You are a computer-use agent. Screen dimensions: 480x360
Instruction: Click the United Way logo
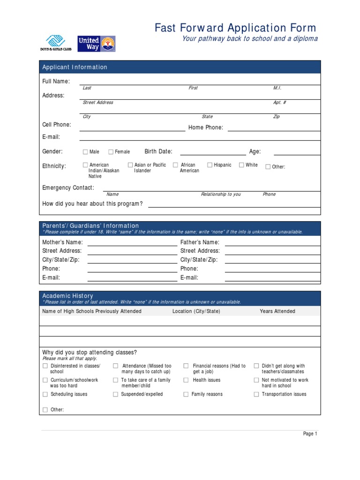(x=96, y=44)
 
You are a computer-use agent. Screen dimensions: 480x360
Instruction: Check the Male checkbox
(x=85, y=152)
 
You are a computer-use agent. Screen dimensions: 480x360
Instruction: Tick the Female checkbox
(x=111, y=152)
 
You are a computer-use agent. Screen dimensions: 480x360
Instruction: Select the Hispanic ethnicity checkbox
(x=210, y=165)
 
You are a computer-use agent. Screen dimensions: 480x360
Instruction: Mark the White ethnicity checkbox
(x=241, y=165)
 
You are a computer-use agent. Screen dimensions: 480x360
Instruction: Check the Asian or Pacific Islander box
(x=130, y=165)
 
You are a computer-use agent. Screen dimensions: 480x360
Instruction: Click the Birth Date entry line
(x=213, y=152)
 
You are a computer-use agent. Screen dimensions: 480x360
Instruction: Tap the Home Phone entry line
(x=274, y=128)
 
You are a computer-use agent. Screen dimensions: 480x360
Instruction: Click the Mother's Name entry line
(x=132, y=243)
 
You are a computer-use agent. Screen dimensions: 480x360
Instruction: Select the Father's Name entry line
(x=272, y=243)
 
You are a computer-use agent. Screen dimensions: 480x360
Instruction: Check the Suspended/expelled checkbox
(x=115, y=395)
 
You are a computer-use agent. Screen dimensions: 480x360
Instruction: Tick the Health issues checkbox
(x=186, y=380)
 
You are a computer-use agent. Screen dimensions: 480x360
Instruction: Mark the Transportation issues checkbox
(x=256, y=395)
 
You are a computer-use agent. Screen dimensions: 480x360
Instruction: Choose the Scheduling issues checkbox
(x=45, y=395)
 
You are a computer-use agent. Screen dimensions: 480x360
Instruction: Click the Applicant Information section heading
(x=75, y=67)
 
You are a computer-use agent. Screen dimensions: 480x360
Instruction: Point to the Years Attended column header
(x=277, y=311)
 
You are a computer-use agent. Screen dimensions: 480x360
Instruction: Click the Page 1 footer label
(x=310, y=434)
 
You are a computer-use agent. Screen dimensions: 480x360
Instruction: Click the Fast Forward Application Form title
(x=235, y=28)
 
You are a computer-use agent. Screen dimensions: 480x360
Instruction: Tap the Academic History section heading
(x=68, y=296)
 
